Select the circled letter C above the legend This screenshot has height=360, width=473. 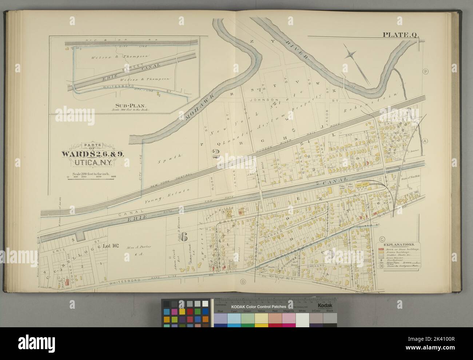tap(382, 239)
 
